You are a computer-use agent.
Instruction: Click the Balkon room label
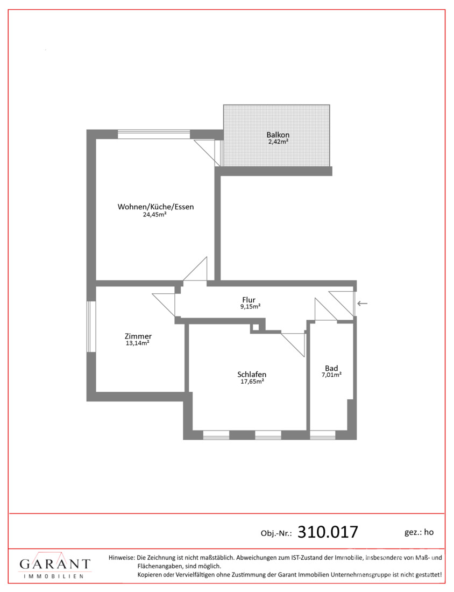[x=278, y=135]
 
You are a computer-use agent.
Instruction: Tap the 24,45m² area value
[x=155, y=214]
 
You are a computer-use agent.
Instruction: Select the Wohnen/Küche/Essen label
[x=155, y=207]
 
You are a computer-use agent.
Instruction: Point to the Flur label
[x=249, y=300]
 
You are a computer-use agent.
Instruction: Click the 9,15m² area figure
[x=251, y=307]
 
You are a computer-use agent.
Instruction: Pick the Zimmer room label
[x=138, y=336]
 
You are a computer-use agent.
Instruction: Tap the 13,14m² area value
[x=137, y=343]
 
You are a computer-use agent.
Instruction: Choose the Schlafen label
[x=252, y=375]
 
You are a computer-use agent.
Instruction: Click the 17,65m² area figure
[x=252, y=382]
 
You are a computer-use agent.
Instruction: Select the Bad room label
[x=331, y=368]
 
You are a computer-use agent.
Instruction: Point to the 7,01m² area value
[x=331, y=375]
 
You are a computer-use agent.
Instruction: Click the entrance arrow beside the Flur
[x=363, y=303]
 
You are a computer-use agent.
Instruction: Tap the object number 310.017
[x=328, y=532]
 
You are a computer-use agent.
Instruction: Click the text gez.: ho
[x=419, y=532]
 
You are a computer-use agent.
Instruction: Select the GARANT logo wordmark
[x=55, y=564]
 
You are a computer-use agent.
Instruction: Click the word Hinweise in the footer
[x=121, y=557]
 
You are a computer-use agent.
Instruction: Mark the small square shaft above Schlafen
[x=255, y=328]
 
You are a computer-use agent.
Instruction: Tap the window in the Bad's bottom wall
[x=323, y=435]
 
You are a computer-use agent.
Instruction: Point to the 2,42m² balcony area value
[x=279, y=142]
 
